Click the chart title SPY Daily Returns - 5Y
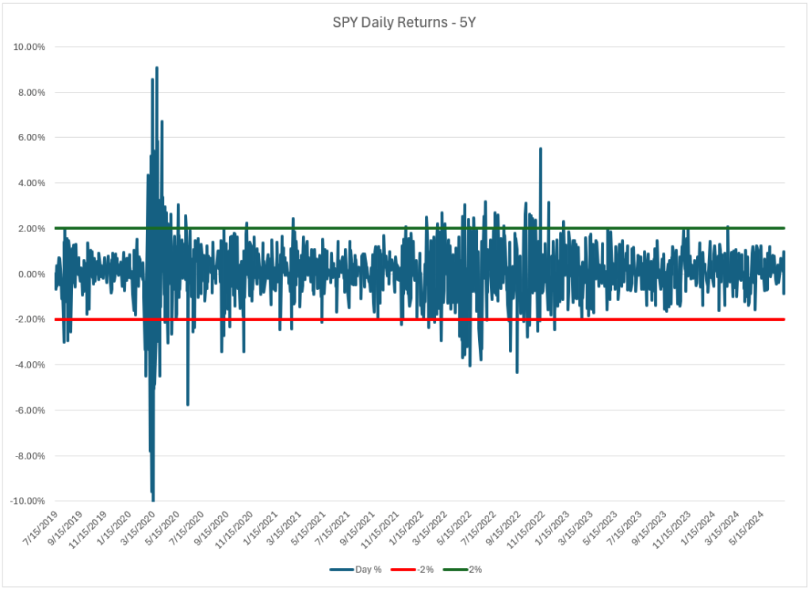tap(405, 22)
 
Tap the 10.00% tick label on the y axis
tap(29, 47)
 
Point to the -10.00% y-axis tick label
tap(28, 501)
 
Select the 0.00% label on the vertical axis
tap(32, 274)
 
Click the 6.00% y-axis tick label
tap(32, 138)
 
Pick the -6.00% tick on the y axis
tap(30, 410)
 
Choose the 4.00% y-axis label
tap(32, 183)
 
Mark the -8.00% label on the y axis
tap(30, 456)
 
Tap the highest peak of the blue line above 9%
tap(157, 67)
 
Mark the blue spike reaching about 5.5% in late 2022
tap(541, 148)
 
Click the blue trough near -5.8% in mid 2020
tap(188, 406)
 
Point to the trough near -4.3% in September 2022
tap(517, 372)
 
